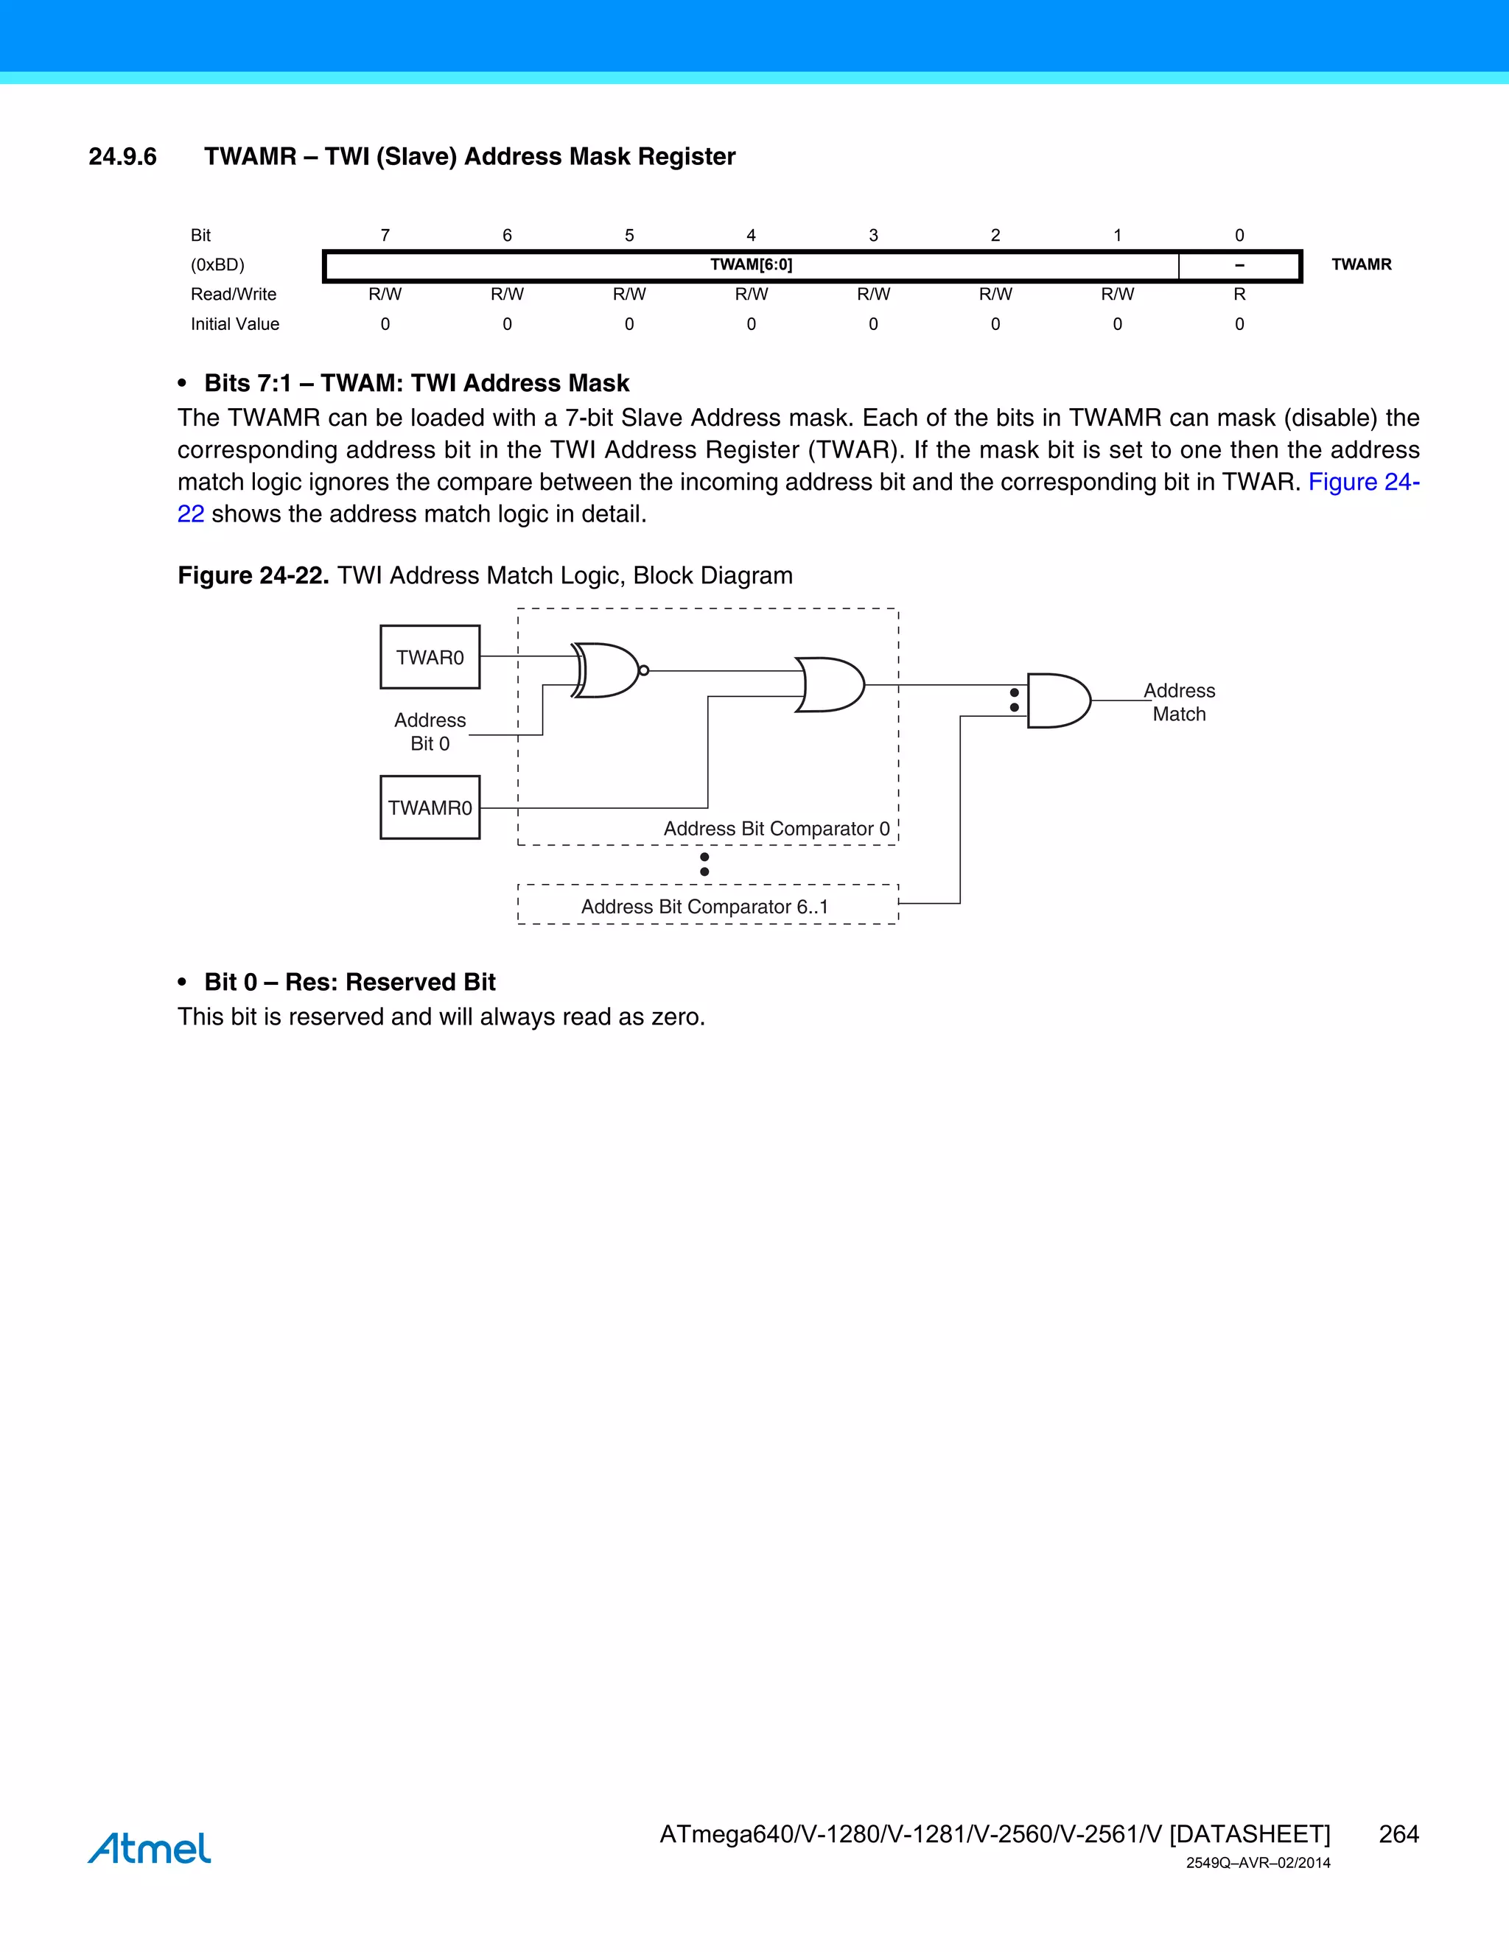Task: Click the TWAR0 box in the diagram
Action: click(430, 657)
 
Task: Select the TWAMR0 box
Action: click(430, 807)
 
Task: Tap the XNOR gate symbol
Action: click(606, 670)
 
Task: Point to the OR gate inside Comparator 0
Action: click(830, 684)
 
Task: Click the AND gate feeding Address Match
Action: click(1057, 701)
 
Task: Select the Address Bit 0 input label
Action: click(430, 731)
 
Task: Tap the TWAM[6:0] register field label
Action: click(751, 264)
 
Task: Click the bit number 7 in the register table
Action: click(385, 235)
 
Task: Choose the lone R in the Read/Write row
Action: click(1239, 294)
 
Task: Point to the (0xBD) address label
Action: click(217, 264)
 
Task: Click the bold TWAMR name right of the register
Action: click(1361, 264)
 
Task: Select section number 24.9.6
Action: click(122, 156)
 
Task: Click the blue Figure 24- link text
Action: click(1363, 482)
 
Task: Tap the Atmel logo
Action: click(150, 1847)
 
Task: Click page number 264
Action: click(1398, 1834)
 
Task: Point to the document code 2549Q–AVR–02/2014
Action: click(1258, 1864)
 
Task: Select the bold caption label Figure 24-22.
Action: click(253, 575)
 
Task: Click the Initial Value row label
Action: click(234, 323)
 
